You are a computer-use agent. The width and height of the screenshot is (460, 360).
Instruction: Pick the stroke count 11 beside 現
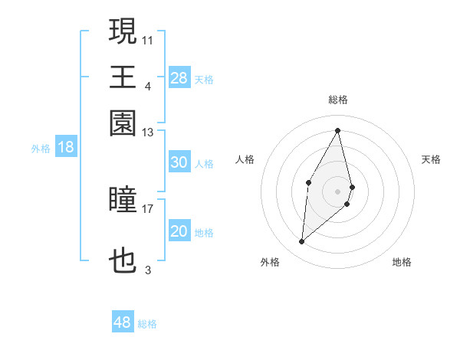(x=148, y=39)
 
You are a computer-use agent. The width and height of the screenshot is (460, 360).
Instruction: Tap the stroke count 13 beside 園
(x=148, y=133)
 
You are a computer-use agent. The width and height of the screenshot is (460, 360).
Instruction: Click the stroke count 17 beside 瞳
(x=148, y=208)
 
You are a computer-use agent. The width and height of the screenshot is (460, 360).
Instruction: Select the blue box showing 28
(x=179, y=77)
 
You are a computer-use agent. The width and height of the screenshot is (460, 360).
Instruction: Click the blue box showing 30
(x=179, y=162)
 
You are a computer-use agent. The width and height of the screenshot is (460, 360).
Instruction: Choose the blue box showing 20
(x=179, y=231)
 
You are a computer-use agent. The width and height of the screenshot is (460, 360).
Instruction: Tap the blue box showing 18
(x=66, y=147)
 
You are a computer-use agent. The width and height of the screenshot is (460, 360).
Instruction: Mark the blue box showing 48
(x=123, y=322)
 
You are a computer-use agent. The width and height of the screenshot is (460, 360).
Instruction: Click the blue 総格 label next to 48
(x=147, y=324)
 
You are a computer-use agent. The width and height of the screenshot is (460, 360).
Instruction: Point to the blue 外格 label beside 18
(x=41, y=149)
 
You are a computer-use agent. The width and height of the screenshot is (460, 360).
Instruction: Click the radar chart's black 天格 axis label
(x=432, y=159)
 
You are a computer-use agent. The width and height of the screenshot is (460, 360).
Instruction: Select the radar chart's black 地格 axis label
(x=402, y=262)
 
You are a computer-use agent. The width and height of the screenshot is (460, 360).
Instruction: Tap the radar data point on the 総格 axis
(x=338, y=130)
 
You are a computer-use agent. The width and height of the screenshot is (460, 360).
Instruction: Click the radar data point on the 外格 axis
(x=302, y=241)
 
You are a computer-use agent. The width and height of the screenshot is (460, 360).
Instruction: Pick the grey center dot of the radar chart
(x=338, y=190)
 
